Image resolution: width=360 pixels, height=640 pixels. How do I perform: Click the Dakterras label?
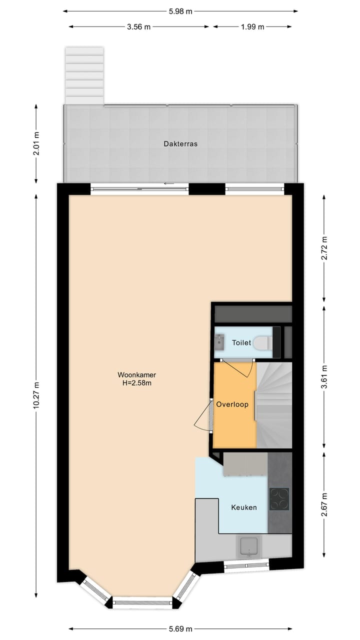180,143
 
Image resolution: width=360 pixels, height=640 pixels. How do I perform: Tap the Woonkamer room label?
133,374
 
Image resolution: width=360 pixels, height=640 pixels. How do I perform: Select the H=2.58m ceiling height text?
133,383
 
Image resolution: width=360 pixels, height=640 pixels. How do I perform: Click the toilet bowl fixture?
262,343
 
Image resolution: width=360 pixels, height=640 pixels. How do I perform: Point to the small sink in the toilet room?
219,342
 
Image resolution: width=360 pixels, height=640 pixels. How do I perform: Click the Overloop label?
232,404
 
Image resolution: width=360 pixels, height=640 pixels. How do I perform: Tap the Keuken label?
244,507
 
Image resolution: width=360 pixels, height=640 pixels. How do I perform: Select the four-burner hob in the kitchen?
279,498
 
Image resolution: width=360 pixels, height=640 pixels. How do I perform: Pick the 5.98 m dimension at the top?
180,11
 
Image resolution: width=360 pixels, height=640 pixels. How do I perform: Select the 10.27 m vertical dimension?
36,395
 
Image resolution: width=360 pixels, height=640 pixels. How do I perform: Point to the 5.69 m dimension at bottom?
180,629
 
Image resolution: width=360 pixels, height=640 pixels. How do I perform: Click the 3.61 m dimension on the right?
324,378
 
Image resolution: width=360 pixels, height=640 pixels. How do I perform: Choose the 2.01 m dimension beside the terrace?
36,143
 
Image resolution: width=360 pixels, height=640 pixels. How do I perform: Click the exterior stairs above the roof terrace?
84,75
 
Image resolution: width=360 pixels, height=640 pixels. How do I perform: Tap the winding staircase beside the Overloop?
274,405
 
